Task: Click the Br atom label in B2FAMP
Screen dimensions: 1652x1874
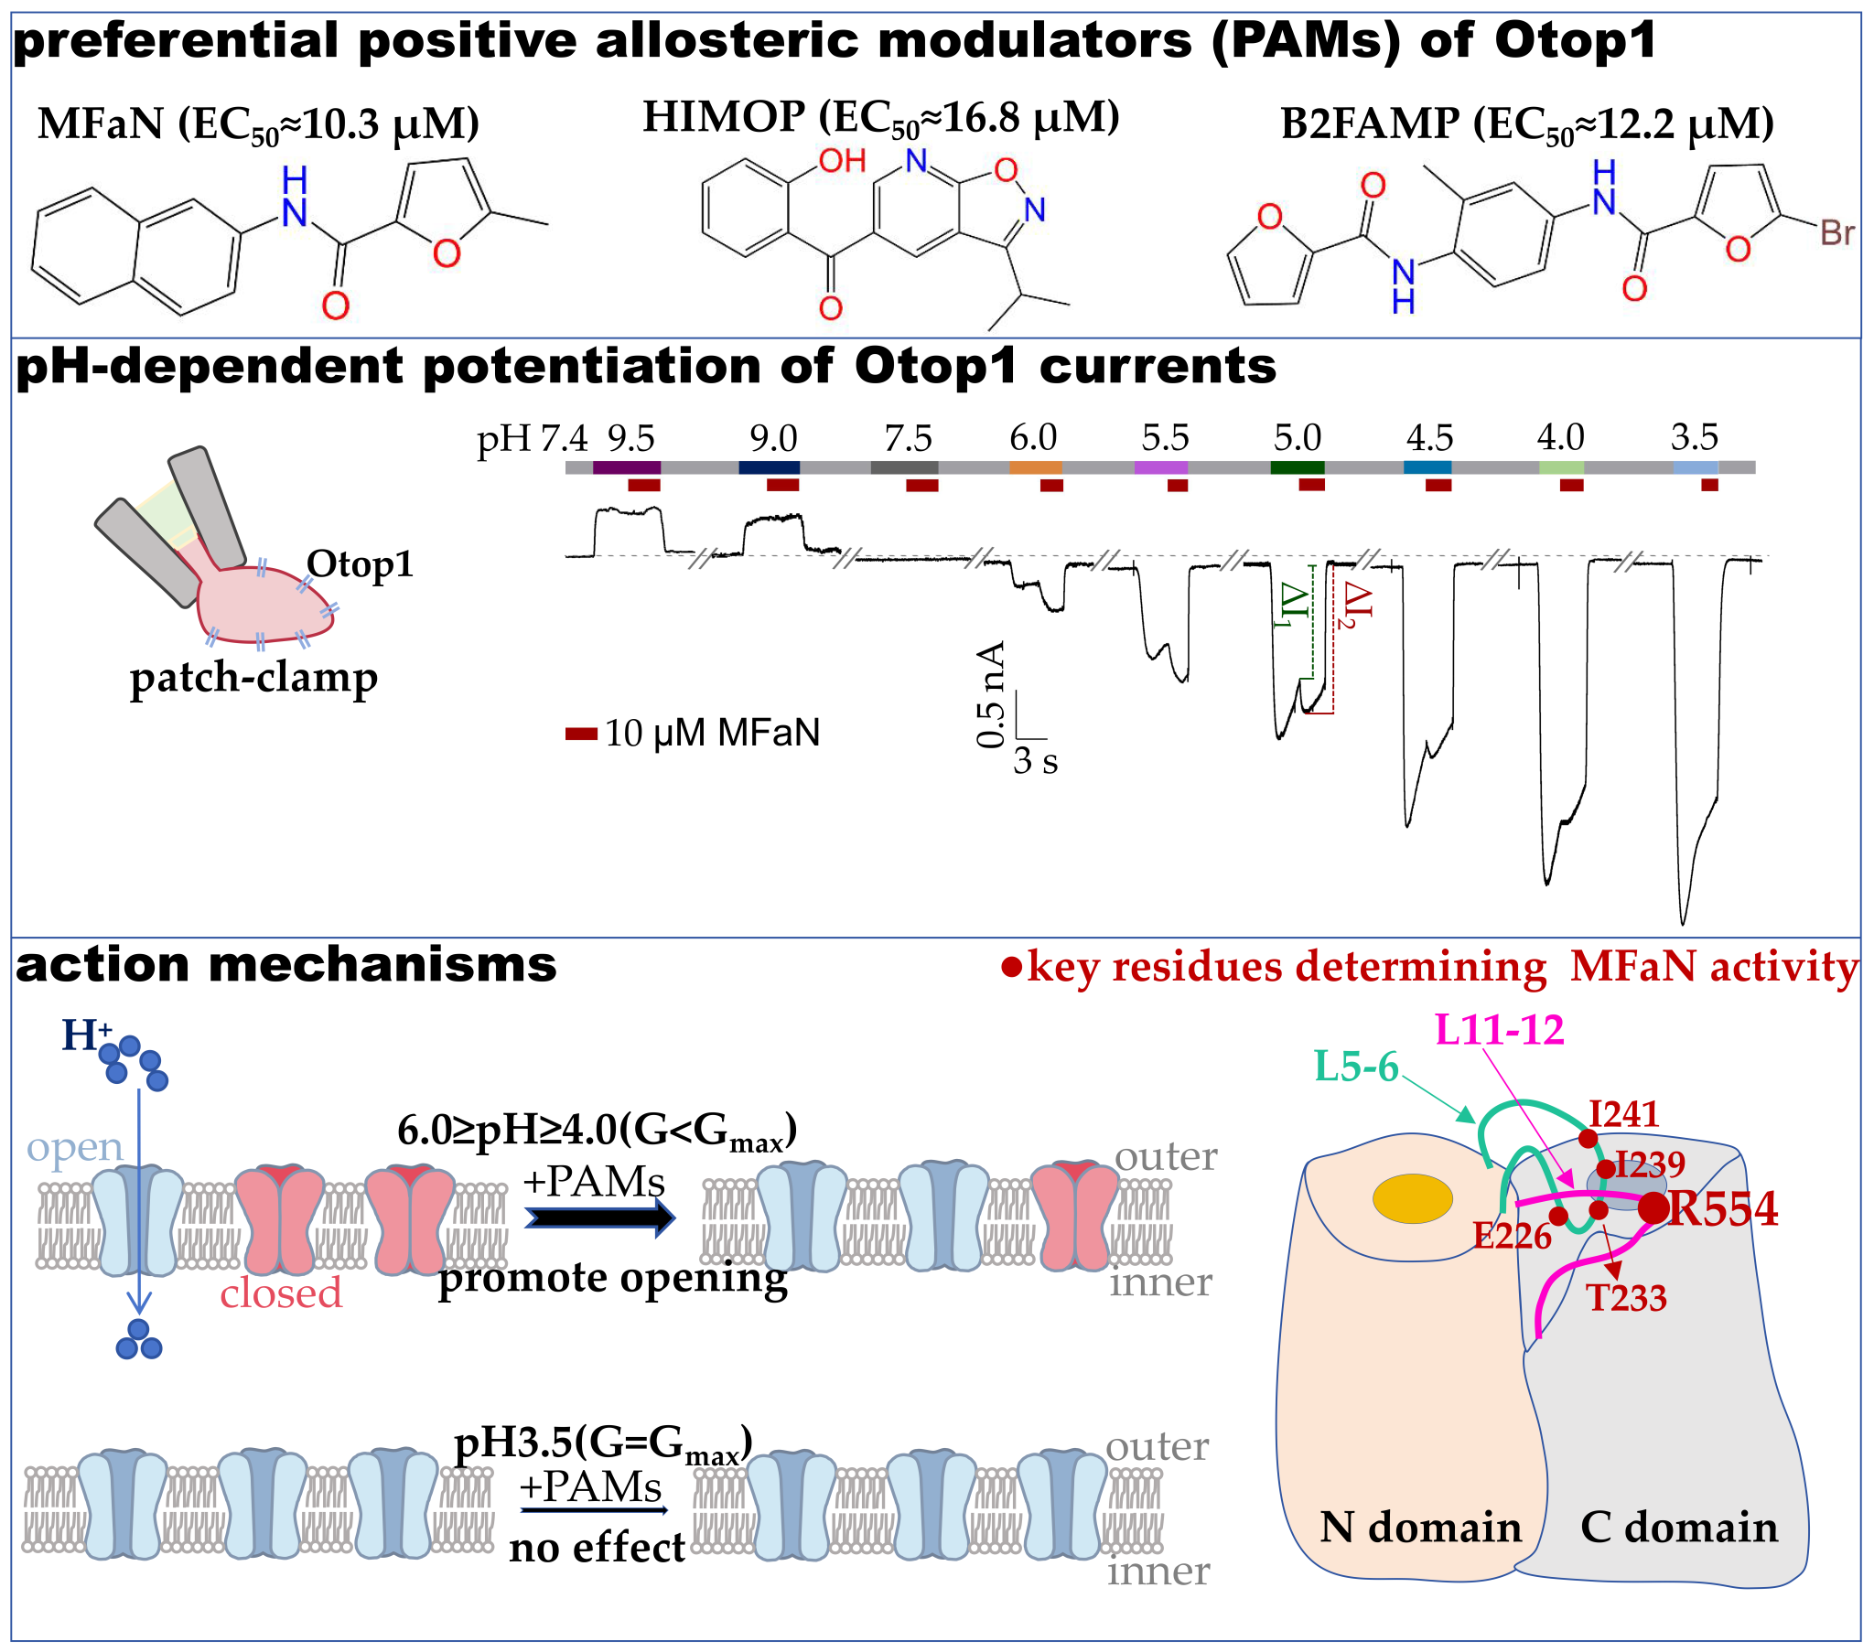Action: (1836, 233)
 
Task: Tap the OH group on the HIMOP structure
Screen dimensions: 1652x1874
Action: (842, 161)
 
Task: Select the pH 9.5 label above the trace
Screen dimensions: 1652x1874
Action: (630, 439)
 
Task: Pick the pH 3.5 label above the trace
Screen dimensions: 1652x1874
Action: (1694, 437)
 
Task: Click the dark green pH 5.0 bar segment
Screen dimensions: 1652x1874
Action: (1297, 467)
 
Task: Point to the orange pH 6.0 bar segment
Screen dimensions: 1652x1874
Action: (1035, 467)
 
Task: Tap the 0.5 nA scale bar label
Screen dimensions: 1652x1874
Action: (990, 694)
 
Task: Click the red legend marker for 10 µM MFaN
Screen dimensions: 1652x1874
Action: (581, 733)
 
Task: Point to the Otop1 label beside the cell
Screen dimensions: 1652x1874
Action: (360, 563)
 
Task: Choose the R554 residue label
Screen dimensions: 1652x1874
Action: (1722, 1208)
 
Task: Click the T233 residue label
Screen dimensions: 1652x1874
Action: (1626, 1298)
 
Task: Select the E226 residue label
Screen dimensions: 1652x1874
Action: (1512, 1237)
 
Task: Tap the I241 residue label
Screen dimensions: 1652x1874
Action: (1623, 1114)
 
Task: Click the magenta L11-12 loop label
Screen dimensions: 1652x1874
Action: (1499, 1030)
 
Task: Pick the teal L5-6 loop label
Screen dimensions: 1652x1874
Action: (1356, 1067)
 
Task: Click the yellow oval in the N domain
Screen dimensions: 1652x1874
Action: (1412, 1198)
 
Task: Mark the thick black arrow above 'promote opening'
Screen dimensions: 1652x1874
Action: (600, 1218)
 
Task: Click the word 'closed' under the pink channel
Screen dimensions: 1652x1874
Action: (281, 1293)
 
